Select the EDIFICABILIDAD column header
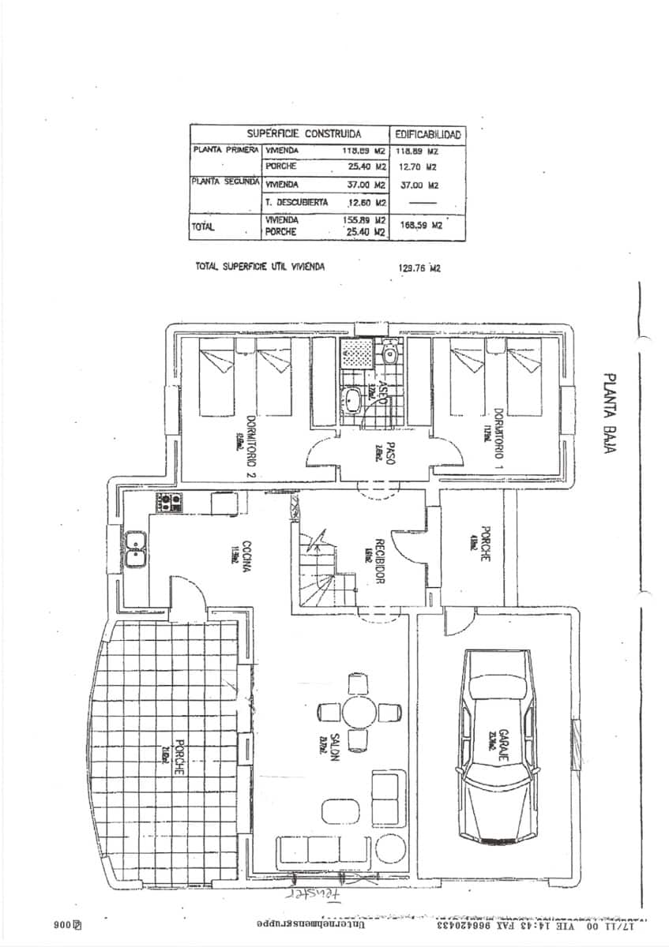point(427,135)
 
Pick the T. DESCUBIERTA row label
point(296,202)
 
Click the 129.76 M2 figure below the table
point(419,268)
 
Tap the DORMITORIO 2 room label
point(250,447)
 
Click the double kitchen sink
point(135,548)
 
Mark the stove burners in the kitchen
point(170,500)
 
